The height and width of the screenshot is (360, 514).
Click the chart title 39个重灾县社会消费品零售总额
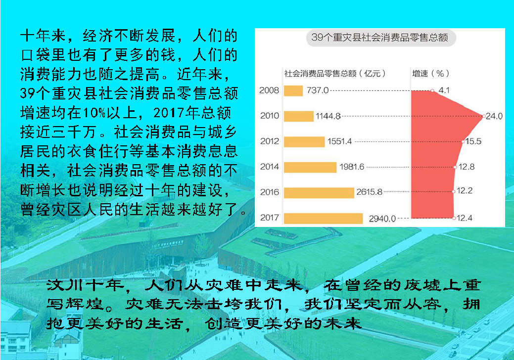click(379, 38)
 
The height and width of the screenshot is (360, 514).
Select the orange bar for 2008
click(293, 90)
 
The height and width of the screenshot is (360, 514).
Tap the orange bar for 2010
click(299, 116)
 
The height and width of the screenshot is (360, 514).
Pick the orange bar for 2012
click(304, 142)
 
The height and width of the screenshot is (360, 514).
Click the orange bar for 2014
click(310, 167)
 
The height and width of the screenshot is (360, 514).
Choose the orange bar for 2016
click(319, 193)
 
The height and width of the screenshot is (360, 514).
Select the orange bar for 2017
click(323, 218)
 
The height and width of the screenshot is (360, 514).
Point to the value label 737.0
click(317, 90)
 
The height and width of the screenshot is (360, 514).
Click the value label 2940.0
click(382, 219)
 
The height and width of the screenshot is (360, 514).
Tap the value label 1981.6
click(352, 167)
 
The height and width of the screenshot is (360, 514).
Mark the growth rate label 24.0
click(494, 116)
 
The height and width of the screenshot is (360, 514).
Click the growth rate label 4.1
click(444, 90)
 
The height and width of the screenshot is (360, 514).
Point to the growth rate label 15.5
click(473, 141)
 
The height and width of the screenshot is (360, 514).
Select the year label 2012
click(270, 141)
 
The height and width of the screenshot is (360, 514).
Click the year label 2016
click(270, 192)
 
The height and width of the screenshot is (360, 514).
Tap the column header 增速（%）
click(430, 73)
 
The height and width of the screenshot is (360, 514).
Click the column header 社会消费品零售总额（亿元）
click(335, 73)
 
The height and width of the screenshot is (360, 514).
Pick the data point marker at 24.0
click(483, 116)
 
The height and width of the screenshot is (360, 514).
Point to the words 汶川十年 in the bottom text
click(85, 285)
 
